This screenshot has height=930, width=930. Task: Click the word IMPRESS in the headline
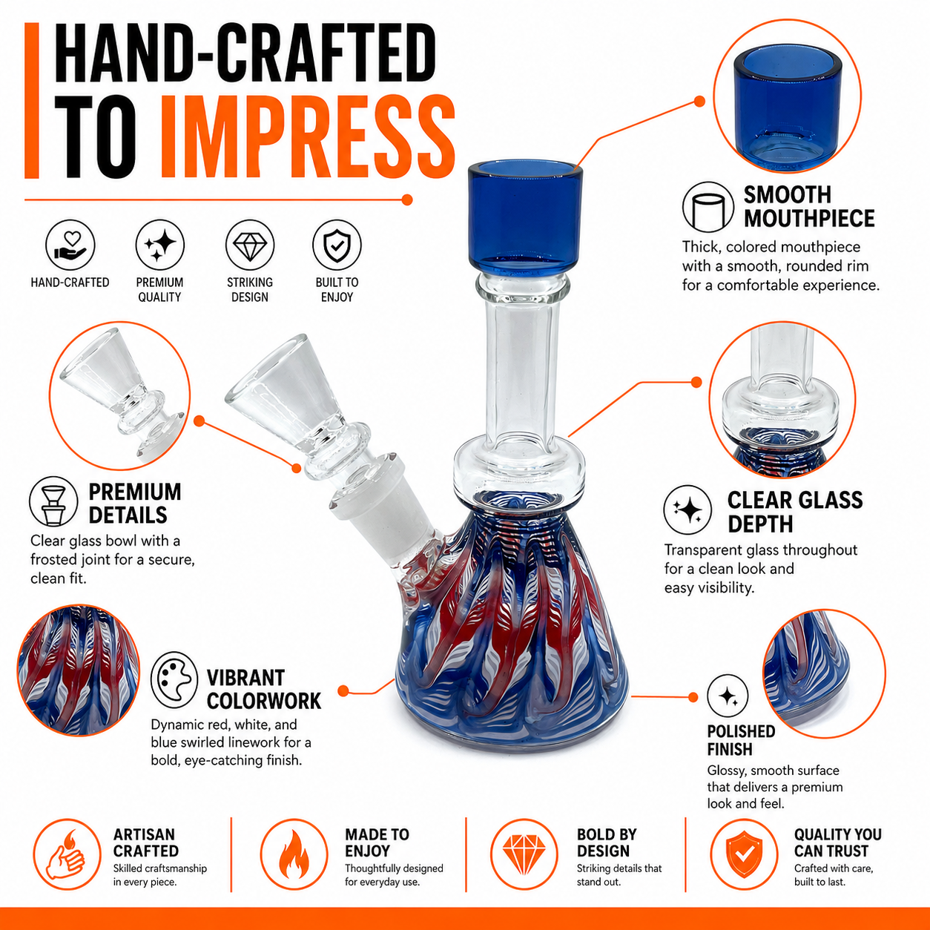coord(308,137)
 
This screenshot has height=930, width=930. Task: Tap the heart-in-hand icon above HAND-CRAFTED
coord(70,245)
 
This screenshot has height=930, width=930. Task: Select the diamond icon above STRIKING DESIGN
coord(249,245)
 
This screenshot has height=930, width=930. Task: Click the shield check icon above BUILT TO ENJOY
coord(337,245)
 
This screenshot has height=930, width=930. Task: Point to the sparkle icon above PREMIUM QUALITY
coord(159,245)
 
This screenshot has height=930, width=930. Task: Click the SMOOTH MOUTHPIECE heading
coord(809,207)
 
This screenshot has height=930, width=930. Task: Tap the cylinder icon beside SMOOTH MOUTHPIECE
coord(708,208)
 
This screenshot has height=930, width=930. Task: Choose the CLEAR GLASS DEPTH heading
coord(795,512)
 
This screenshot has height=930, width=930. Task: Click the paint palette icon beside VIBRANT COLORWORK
coord(174,680)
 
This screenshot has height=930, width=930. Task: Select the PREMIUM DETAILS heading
coord(135,504)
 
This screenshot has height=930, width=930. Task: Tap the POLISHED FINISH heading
coord(741,740)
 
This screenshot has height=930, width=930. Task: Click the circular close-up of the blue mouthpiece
coord(788,96)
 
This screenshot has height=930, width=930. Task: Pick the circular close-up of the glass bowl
coord(119,396)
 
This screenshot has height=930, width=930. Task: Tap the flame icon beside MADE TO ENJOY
coord(294,854)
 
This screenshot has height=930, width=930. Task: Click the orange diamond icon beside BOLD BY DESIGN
coord(524,854)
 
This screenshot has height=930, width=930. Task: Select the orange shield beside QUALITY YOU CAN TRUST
coord(744,854)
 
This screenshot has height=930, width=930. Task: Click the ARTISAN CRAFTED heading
coord(146,842)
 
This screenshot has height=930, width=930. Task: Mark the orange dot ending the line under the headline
coord(407,199)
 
